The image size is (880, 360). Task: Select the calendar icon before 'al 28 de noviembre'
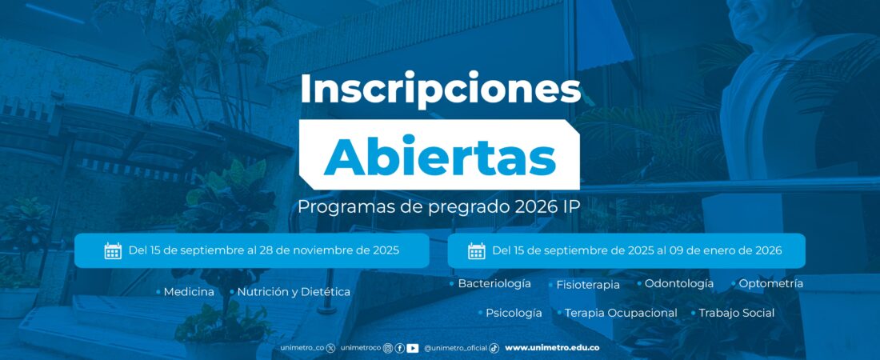(x=113, y=250)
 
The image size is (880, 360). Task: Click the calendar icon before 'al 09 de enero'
(x=477, y=250)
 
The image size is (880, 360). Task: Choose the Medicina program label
(x=189, y=292)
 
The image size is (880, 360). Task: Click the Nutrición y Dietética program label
(x=294, y=292)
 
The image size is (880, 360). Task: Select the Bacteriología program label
(x=494, y=284)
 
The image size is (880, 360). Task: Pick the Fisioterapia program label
(x=588, y=285)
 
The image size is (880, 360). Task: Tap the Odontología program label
(x=679, y=284)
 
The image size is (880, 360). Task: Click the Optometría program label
(x=770, y=284)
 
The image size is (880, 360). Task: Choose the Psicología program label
(x=514, y=313)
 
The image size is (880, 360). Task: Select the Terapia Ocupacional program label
(x=621, y=313)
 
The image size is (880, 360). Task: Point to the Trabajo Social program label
(x=736, y=313)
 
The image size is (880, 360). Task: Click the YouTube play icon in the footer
(x=413, y=348)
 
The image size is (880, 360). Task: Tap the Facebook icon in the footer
(x=399, y=348)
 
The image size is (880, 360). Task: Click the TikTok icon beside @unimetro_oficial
(x=494, y=348)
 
